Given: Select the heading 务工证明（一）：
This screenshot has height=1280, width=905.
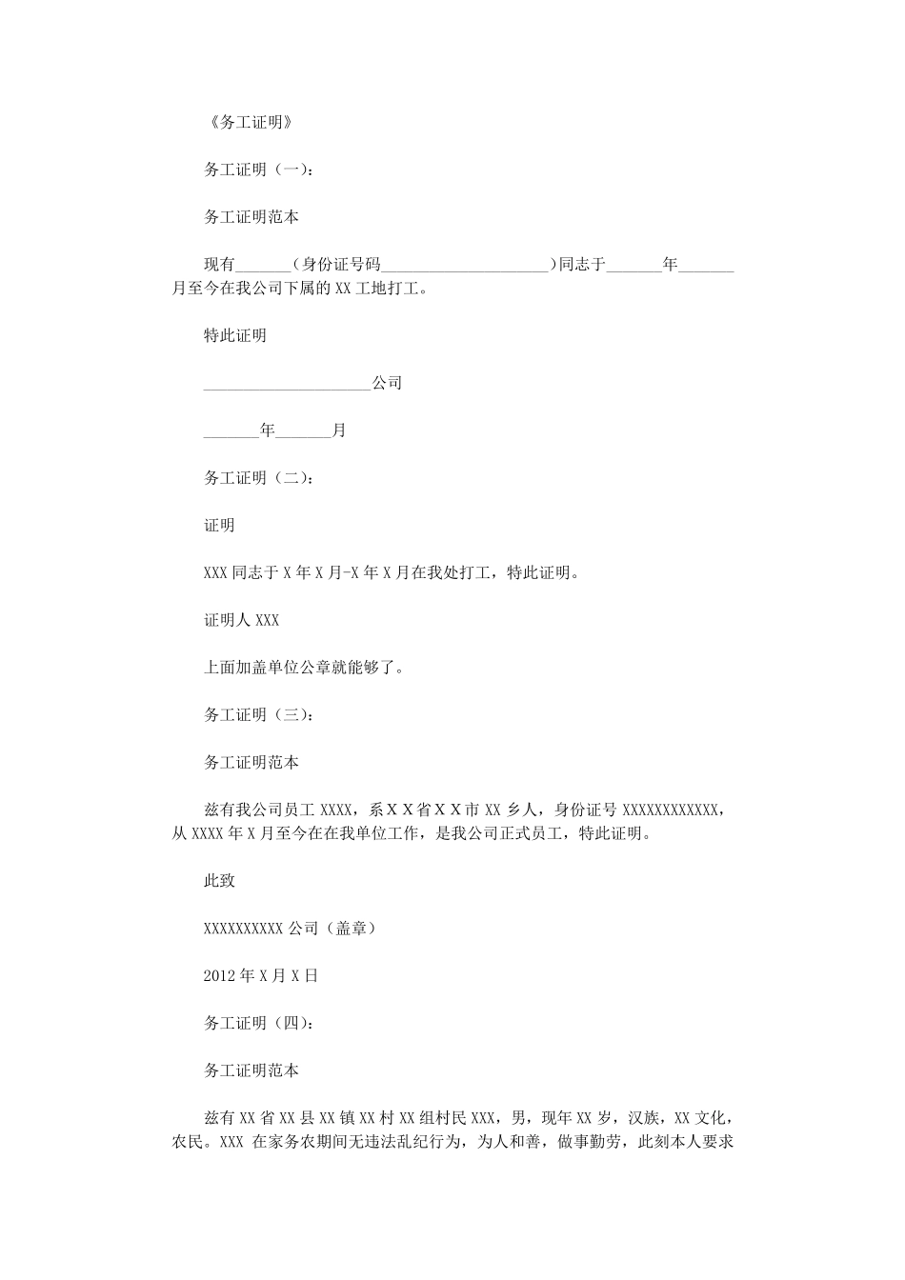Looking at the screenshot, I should [x=257, y=170].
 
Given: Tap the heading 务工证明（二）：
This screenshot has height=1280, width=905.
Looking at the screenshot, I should [x=257, y=478].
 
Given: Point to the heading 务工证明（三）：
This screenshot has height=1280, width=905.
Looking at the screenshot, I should [x=257, y=715].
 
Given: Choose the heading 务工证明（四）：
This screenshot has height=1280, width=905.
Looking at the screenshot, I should [x=257, y=1024].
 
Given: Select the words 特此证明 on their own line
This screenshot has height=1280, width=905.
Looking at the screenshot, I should [x=235, y=336].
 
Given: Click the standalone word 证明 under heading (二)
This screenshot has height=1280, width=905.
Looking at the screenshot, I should [x=219, y=526].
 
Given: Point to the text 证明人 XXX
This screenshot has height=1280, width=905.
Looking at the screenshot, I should [x=242, y=620].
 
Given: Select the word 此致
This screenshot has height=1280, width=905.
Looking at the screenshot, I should [x=219, y=881].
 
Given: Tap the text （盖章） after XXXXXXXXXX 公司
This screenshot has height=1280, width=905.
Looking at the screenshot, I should [x=351, y=929].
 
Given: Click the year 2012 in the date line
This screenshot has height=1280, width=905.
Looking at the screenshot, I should [x=218, y=976].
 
